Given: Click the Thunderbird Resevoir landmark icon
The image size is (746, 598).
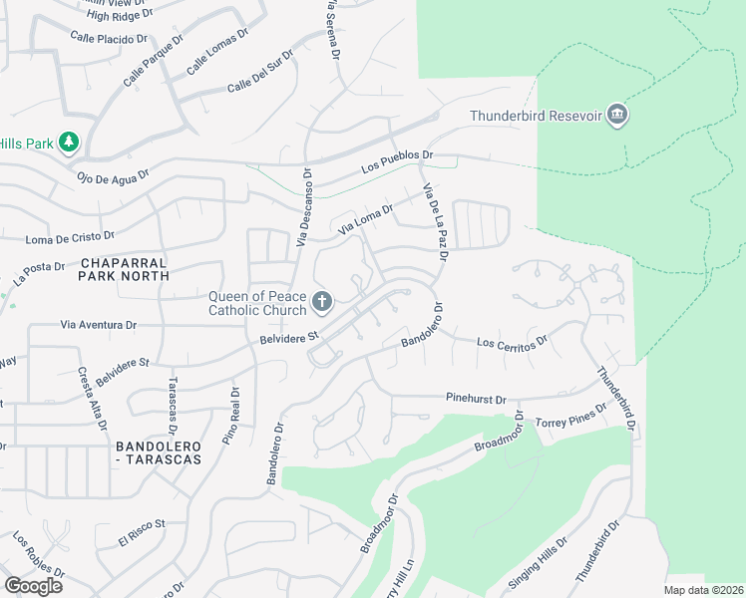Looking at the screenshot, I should pos(617,116).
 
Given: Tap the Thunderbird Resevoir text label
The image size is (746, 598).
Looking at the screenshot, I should pos(537,117).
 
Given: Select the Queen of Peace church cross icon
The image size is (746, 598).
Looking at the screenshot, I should pos(321,301).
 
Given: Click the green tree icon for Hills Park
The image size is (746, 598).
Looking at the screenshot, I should pos(69,144).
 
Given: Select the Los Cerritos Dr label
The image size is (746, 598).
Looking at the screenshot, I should pos(513,342).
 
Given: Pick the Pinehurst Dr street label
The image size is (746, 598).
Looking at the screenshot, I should pos(477,397).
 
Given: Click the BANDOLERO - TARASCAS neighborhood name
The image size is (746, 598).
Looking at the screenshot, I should pos(159,451).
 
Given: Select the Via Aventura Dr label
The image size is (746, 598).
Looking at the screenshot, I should pos(98,325).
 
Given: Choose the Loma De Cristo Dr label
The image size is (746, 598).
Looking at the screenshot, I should pos(70,239).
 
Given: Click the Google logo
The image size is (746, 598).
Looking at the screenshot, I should pos(33,585).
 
